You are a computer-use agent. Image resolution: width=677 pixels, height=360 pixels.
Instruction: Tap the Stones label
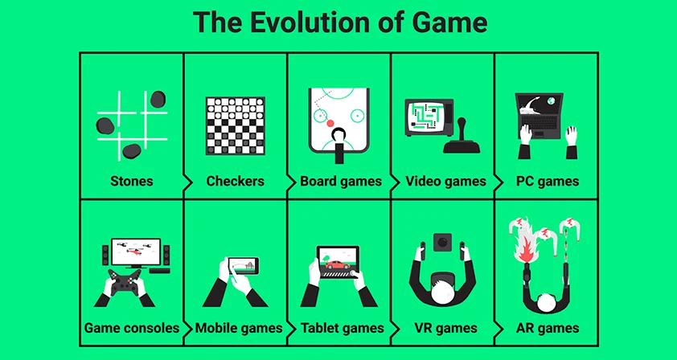pos(132,181)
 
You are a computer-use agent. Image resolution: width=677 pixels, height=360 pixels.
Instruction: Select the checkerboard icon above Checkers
pos(236,125)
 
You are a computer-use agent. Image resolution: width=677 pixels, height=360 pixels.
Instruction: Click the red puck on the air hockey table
pos(330,124)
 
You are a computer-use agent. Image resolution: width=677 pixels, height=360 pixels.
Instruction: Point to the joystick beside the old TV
pos(462,137)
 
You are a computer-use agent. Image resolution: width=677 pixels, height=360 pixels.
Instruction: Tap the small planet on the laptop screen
pos(551,101)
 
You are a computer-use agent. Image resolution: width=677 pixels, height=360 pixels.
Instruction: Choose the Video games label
pos(445,182)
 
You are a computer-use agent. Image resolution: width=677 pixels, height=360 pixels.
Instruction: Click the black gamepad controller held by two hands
pos(125,282)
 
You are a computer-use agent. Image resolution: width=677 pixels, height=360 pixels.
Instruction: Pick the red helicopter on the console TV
pos(137,251)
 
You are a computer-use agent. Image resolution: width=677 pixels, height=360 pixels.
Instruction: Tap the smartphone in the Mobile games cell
pos(243,265)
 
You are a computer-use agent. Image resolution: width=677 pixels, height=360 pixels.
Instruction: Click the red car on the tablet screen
pos(338,264)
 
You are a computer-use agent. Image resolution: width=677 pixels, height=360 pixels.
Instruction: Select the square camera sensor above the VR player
pos(442,242)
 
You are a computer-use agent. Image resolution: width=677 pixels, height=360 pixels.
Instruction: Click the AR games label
pos(548,328)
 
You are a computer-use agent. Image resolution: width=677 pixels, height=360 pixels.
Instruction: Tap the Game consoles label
pos(132,328)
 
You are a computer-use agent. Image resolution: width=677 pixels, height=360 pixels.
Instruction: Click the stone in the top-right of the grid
pos(158,99)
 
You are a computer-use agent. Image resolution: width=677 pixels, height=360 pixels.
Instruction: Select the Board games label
pos(341,182)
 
